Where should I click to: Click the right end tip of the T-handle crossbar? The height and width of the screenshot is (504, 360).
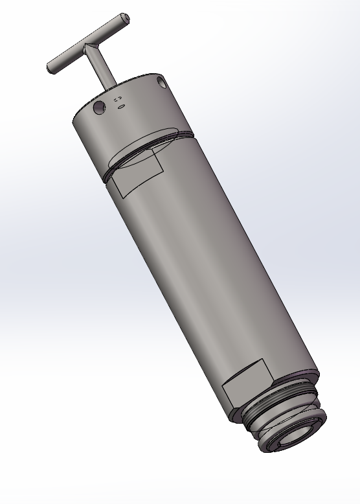click(x=125, y=18)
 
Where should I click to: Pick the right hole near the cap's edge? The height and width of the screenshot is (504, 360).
click(x=161, y=82)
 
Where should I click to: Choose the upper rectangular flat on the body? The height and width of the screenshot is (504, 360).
click(x=137, y=174)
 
